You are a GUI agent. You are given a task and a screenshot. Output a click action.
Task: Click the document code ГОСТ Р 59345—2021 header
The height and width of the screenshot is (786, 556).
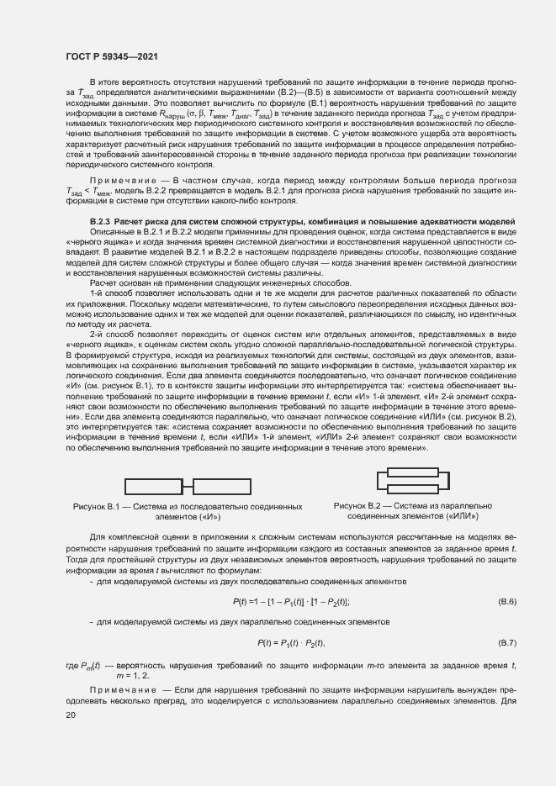coord(111,56)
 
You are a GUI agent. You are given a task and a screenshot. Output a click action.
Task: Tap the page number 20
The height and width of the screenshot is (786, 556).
coord(71,715)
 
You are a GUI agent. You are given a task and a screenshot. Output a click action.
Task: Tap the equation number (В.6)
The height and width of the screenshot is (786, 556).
coord(506,602)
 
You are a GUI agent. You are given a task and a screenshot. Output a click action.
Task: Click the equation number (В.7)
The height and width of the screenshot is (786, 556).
coord(506,643)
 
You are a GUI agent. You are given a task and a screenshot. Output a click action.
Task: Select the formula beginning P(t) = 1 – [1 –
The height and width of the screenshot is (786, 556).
coord(290,602)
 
